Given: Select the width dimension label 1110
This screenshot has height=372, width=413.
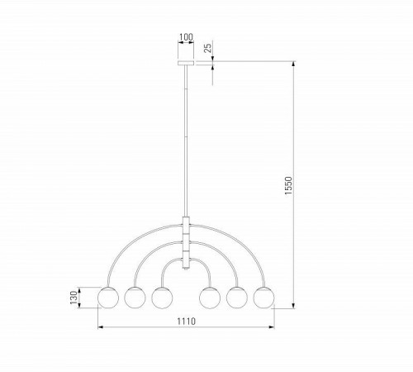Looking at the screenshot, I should point(186,322).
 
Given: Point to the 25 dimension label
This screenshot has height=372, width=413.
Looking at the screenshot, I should point(208,49).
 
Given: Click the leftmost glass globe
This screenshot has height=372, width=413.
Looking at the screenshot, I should point(108,296).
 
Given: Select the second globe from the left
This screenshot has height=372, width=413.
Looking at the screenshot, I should point(135,296).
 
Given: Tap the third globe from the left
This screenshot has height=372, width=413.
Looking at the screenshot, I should point(161,296).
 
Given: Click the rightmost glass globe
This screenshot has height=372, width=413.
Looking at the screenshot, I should point(264,296).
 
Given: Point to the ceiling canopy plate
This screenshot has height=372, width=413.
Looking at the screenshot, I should point(186,63).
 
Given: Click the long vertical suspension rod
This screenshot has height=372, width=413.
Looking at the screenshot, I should point(186,141).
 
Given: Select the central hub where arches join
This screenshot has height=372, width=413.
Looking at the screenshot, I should point(186,240).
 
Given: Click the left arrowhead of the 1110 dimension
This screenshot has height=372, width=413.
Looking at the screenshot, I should point(101,329).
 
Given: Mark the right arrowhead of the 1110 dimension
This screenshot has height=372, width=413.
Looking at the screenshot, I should point(272,329).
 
